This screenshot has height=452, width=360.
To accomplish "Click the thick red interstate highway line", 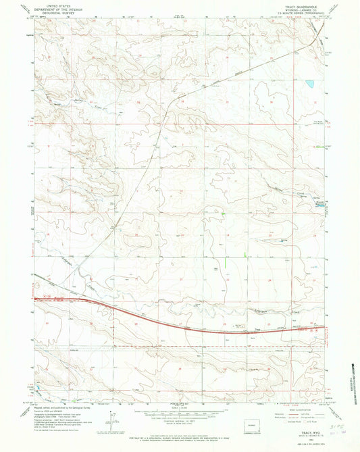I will (169, 318).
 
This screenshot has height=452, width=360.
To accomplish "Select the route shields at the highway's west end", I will (45, 295).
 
